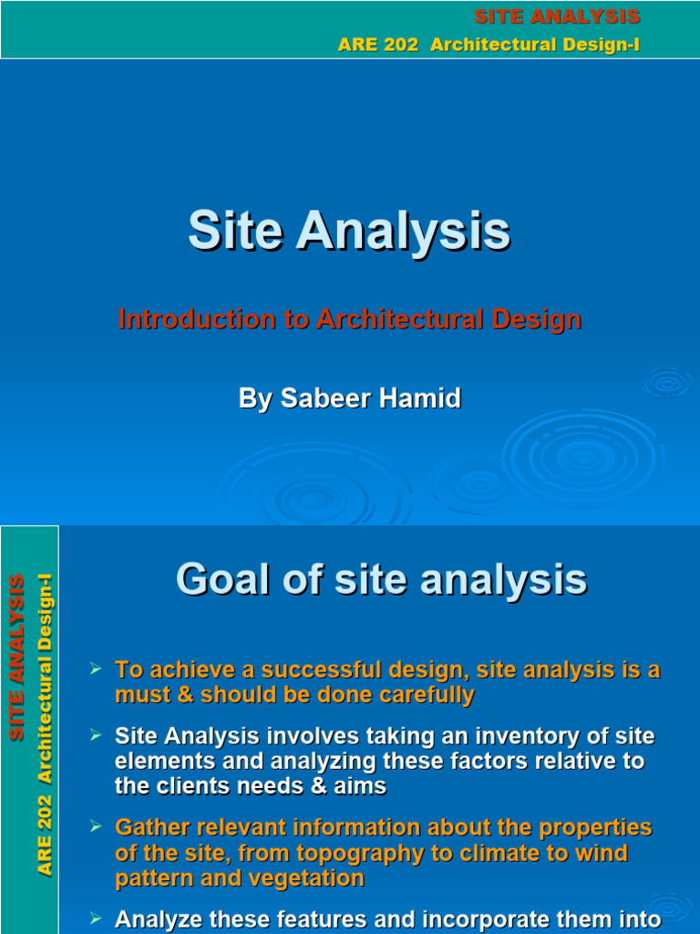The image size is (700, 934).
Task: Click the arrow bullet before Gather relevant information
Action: (x=95, y=826)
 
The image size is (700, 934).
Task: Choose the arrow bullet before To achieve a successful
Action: (x=95, y=669)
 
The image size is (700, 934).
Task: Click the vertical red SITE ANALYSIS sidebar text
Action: (x=17, y=657)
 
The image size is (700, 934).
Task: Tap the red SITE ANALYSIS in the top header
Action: (x=557, y=16)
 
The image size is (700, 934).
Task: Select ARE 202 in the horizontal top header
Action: (x=372, y=46)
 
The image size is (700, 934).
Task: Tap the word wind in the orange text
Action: (x=606, y=854)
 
